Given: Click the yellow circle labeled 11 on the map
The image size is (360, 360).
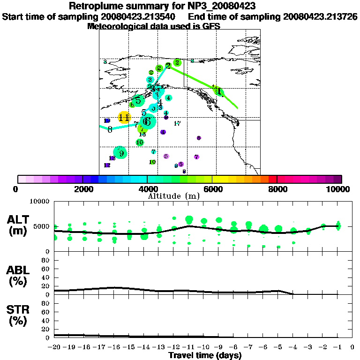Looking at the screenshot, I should point(124,118).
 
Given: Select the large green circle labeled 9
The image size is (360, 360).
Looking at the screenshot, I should point(121,153).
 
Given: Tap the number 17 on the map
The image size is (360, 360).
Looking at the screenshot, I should point(177,124).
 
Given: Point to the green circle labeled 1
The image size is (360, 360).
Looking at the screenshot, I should point(218,91).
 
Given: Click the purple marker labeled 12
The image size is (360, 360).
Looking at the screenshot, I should point(107,165).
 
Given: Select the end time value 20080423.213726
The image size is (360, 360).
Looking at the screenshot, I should point(320,17).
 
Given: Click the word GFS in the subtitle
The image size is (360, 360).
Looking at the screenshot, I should point(210,26).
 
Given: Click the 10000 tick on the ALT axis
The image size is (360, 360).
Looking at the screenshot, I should point(41,202).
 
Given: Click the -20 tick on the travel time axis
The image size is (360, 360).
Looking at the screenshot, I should point(54,347).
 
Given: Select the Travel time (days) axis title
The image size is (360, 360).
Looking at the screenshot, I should point(205,355).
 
